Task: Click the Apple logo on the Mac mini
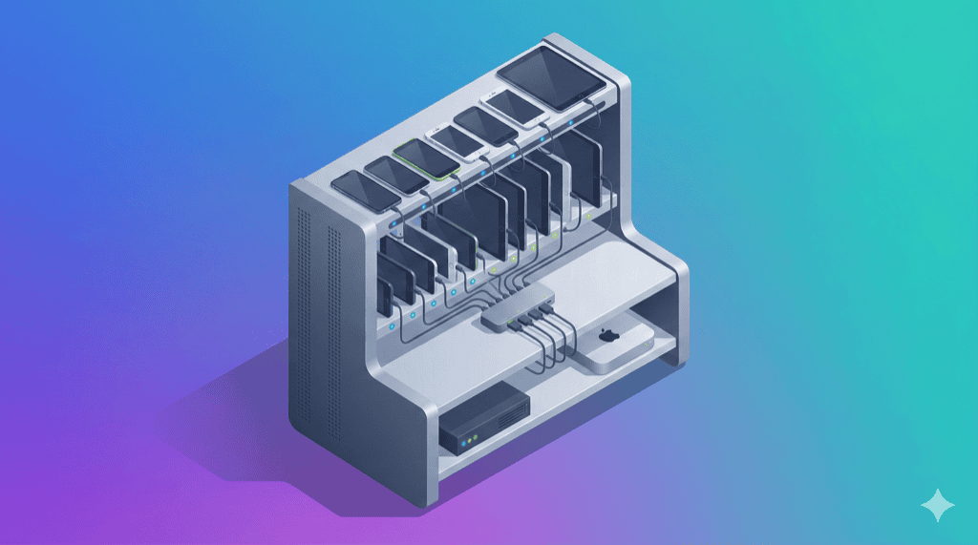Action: [x=607, y=336]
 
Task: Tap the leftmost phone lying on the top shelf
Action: [x=363, y=192]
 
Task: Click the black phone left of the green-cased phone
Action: [x=394, y=175]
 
